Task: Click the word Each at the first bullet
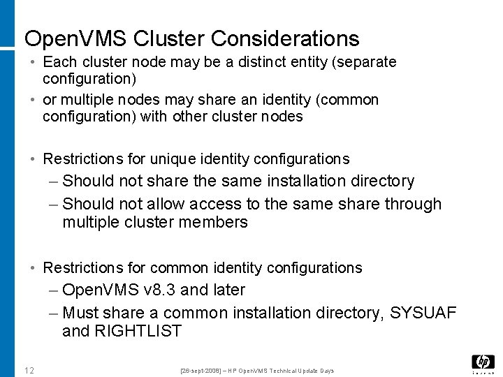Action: [x=58, y=62]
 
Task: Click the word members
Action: [x=215, y=223]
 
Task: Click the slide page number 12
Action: [x=29, y=370]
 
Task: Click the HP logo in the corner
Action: [x=483, y=362]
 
